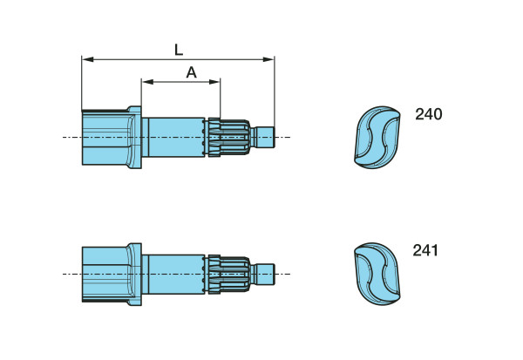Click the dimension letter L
click(179, 50)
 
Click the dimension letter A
click(191, 72)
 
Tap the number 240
click(428, 114)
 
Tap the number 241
click(426, 251)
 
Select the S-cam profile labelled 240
click(377, 137)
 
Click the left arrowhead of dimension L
click(85, 59)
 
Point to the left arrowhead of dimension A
click(146, 82)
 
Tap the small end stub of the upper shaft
click(263, 137)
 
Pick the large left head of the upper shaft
click(104, 137)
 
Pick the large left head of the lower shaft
click(104, 274)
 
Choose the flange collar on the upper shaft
click(134, 137)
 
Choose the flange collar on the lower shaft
click(134, 274)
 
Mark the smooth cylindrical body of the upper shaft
click(174, 137)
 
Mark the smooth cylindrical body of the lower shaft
click(174, 274)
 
